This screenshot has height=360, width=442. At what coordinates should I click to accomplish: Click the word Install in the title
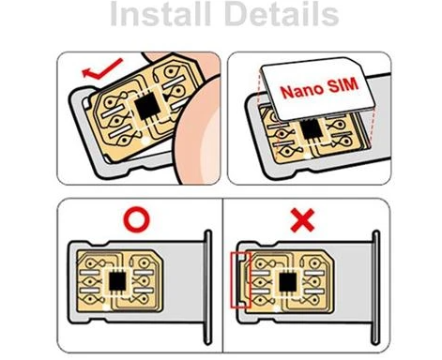point(161,17)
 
